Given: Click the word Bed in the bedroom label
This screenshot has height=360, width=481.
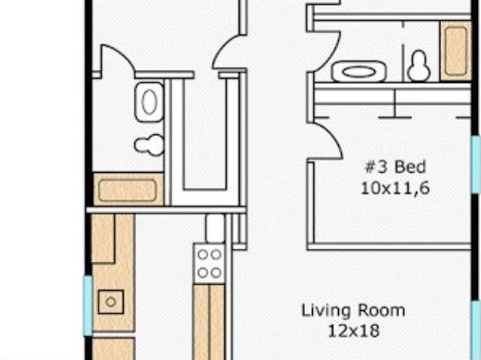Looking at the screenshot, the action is [410, 167].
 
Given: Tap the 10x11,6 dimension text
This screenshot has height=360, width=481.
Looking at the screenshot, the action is [395, 188].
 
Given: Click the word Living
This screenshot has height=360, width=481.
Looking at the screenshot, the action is [325, 311].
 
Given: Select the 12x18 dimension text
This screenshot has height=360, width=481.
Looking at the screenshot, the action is [354, 331].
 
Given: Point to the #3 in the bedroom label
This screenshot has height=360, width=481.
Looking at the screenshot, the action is [376, 167].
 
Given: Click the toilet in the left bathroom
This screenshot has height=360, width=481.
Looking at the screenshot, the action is [150, 145].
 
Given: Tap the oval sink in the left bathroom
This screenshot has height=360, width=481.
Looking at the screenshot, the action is [150, 101].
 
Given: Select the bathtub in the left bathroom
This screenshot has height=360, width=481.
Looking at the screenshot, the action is [128, 190].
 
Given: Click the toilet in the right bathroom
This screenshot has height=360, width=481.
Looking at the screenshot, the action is [419, 66].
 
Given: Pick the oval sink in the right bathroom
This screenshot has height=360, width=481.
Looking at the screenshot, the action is [358, 72].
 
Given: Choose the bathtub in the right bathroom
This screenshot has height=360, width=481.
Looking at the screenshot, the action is [456, 51].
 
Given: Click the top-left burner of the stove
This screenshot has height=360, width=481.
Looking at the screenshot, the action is [202, 255].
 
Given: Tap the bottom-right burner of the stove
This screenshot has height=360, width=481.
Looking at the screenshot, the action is [216, 272].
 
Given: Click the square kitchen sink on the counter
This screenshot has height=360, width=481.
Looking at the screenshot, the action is [111, 301].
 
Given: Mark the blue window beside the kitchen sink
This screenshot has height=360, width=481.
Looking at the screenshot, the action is [89, 305].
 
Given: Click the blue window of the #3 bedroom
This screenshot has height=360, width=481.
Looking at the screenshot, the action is [476, 165].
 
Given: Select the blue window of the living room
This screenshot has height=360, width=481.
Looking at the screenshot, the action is [476, 330].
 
